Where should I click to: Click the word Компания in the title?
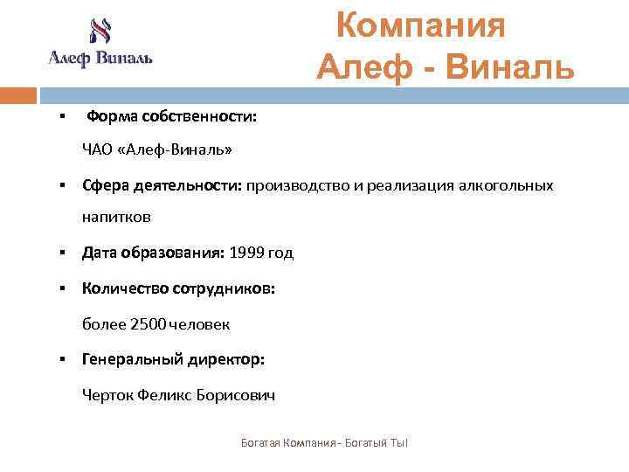coord(421,25)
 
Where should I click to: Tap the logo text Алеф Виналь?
coord(100,59)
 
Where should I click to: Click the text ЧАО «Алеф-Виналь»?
coord(157,149)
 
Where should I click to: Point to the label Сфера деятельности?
coord(162,185)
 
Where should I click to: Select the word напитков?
coord(116,216)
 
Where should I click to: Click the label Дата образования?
coord(154,253)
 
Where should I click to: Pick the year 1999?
coord(245,253)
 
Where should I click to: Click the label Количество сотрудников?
coord(178,288)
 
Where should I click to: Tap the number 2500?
coord(146,324)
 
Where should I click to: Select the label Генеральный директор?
coord(173,359)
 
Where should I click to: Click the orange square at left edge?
coord(18,95)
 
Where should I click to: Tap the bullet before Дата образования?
coord(63,253)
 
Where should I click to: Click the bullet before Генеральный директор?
coord(63,359)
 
